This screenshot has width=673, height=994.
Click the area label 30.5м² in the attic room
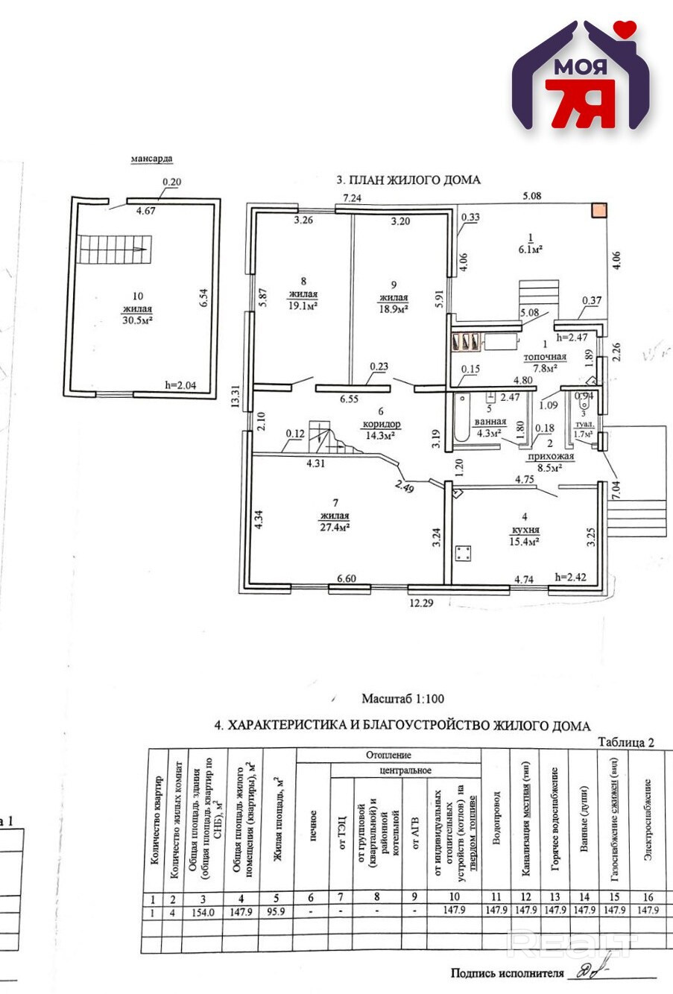[x=137, y=320]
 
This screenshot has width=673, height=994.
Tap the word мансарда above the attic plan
[x=151, y=159]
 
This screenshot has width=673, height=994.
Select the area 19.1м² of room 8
[x=303, y=306]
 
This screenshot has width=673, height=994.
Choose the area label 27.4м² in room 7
[x=335, y=527]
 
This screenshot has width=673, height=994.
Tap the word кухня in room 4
[x=525, y=530]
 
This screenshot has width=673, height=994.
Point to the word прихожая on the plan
[x=550, y=456]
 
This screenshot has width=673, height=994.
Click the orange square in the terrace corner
[x=598, y=211]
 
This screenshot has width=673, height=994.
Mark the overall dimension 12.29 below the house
[x=421, y=603]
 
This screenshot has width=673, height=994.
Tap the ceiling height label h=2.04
[x=181, y=385]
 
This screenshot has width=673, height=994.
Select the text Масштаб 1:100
[x=402, y=699]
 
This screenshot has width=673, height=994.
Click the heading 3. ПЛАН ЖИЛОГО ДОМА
[x=408, y=180]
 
